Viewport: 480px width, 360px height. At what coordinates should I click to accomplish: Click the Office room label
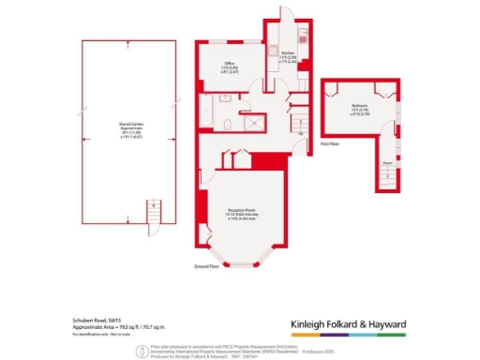point(229,63)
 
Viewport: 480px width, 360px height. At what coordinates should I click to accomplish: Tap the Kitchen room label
point(289,53)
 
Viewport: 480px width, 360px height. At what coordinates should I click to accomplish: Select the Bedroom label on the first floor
point(359,106)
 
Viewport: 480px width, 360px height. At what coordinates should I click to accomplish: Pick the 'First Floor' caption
point(329,145)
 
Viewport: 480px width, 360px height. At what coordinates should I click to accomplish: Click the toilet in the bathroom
point(228,123)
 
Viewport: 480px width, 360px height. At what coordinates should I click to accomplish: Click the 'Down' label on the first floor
point(385,161)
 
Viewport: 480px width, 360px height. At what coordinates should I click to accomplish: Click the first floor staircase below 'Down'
point(385,175)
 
